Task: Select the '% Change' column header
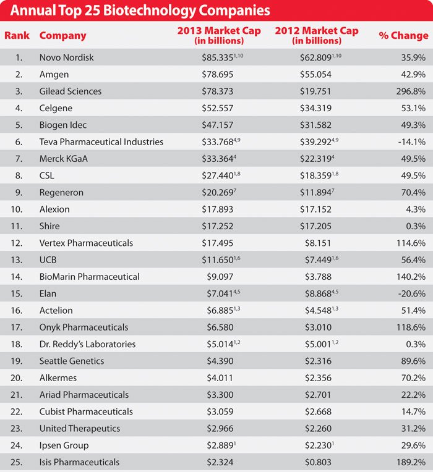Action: (403, 36)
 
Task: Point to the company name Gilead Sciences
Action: (70, 91)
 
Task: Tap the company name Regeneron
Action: (61, 192)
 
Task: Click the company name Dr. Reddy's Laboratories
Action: (87, 344)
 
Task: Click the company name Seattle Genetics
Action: (71, 361)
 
